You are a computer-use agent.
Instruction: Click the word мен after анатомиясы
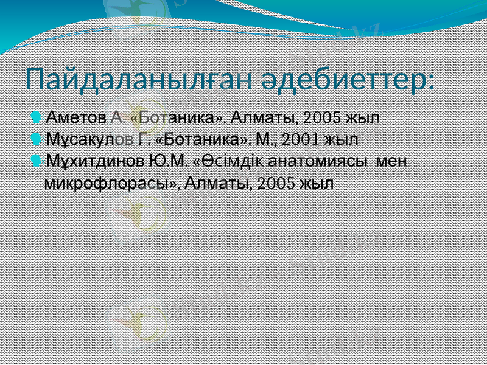[392, 162]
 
